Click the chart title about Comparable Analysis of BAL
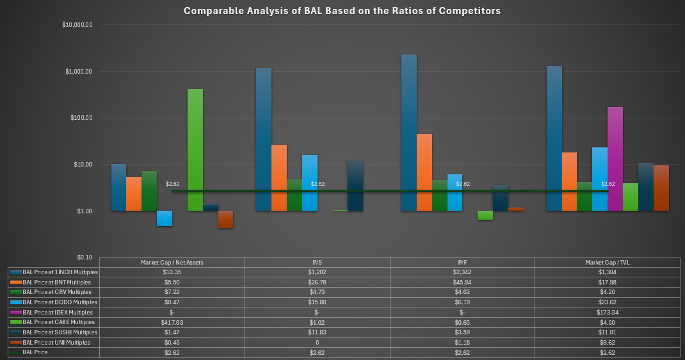342,11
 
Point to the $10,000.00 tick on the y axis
77,25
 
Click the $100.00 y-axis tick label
80,118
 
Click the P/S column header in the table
317,262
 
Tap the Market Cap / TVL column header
607,262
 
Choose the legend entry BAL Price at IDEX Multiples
59,312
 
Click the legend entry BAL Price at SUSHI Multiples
60,332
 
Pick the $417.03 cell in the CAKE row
172,322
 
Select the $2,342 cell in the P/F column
462,272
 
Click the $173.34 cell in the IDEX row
607,312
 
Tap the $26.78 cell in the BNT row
317,282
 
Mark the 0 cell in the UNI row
317,342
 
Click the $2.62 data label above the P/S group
318,184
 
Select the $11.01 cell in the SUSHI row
607,332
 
